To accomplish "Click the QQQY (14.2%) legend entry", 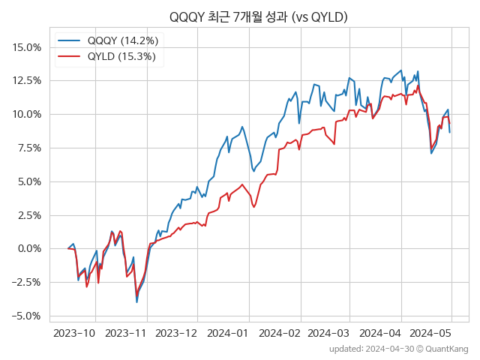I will coord(121,40).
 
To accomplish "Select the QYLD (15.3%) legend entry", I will coord(121,57).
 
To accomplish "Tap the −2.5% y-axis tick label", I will coord(25,282).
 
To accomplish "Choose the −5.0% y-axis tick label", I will coord(25,316).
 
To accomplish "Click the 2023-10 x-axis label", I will coord(75,332).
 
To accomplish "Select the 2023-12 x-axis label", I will coord(176,332).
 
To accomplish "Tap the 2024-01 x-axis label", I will coord(227,332).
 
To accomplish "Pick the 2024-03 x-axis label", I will coord(328,332).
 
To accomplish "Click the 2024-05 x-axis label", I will coord(430,332).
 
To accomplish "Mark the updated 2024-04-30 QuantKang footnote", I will coord(398,349).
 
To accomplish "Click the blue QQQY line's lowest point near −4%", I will coord(136,302).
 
